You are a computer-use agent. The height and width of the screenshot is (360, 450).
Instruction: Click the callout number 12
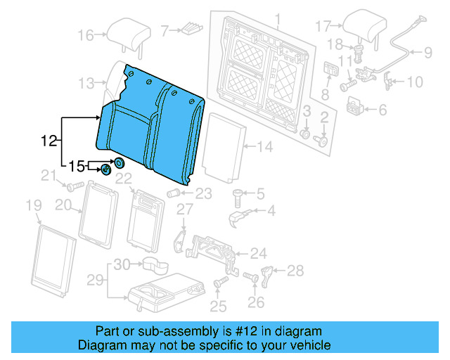(x=48, y=141)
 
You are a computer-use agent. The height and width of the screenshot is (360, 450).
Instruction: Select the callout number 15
(x=77, y=167)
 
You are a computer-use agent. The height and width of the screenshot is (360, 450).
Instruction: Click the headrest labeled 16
(x=127, y=32)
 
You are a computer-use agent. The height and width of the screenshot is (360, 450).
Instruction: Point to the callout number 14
(x=264, y=147)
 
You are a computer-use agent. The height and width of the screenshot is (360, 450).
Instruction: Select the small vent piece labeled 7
(x=190, y=29)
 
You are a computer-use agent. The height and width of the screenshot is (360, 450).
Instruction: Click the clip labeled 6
(x=356, y=108)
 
